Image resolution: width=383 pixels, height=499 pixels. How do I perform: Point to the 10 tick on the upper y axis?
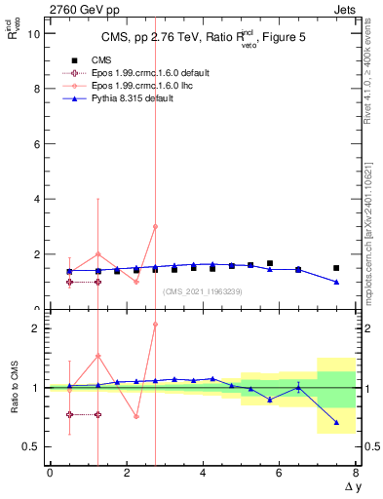click(34, 33)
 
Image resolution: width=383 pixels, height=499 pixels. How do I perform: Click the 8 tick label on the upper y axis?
click(37, 89)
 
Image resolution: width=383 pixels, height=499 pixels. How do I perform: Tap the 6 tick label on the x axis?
click(279, 473)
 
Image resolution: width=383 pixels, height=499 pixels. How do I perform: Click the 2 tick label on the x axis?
click(126, 473)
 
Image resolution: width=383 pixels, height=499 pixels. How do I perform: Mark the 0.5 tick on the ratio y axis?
click(32, 446)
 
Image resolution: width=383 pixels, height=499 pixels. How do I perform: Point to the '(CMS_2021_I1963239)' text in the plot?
click(202, 291)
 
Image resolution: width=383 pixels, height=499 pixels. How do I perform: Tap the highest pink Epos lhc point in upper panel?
click(155, 226)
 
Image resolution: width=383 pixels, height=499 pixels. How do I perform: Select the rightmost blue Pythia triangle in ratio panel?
click(336, 422)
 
